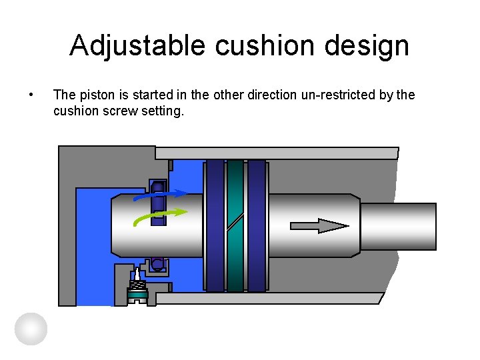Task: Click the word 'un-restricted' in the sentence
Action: [x=337, y=95]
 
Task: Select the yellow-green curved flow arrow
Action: [x=160, y=216]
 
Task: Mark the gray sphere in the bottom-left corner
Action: [x=31, y=329]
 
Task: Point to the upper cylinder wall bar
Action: [x=277, y=153]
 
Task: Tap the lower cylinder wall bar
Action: [x=270, y=298]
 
